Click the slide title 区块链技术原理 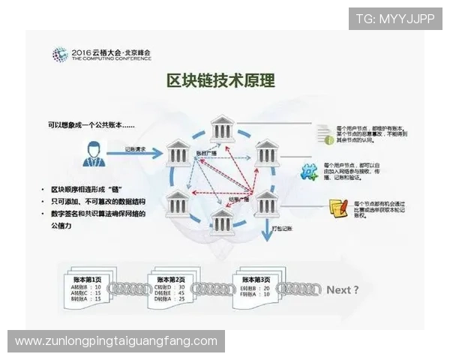tap(221, 81)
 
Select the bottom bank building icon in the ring tap(222, 222)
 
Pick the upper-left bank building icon tap(179, 151)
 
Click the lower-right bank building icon tap(268, 202)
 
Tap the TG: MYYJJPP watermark tap(395, 18)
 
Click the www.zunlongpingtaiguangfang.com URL tap(116, 341)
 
